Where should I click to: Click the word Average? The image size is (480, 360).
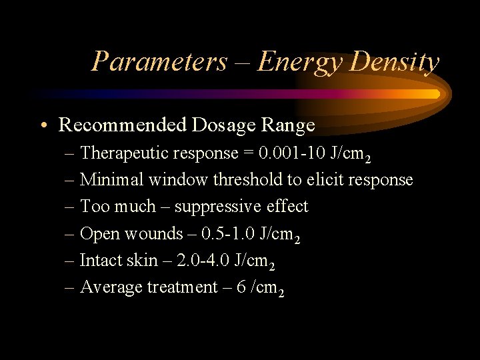(x=111, y=288)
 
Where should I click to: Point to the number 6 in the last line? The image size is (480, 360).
(x=241, y=287)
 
